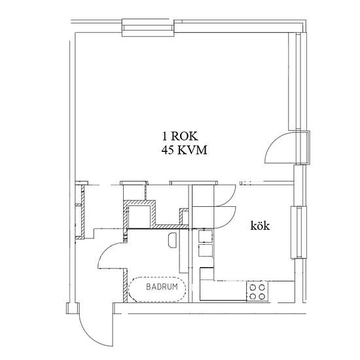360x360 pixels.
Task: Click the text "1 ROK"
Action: [180, 136]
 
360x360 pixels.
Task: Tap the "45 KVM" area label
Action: [184, 151]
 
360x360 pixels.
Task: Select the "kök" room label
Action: [260, 226]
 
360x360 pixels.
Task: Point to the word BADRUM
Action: [162, 287]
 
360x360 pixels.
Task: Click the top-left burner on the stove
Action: [253, 287]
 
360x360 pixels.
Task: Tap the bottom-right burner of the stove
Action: [262, 297]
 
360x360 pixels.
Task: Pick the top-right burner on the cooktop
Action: [262, 287]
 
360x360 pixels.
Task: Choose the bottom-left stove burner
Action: [253, 297]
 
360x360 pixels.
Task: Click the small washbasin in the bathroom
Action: [172, 240]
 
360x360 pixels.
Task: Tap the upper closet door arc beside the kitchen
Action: [230, 198]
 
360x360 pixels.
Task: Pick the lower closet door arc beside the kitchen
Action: [230, 220]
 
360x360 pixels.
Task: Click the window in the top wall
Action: [148, 27]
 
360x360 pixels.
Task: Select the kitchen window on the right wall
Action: [298, 232]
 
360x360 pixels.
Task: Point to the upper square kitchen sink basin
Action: [206, 236]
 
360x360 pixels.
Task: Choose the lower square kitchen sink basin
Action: [206, 251]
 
